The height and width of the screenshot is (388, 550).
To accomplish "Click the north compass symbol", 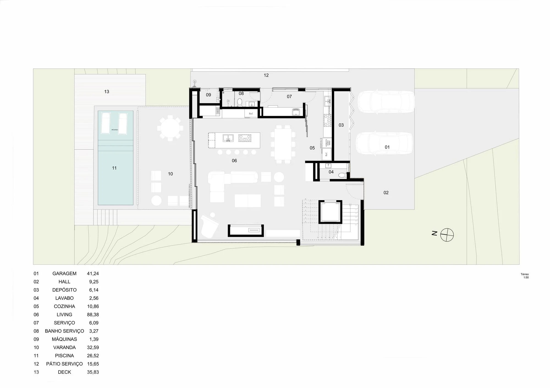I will tap(447, 235).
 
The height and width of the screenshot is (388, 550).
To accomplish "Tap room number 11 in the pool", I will tap(114, 168).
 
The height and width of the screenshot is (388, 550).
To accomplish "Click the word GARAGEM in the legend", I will tap(64, 273).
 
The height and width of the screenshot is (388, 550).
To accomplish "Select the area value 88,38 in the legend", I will tap(93, 315).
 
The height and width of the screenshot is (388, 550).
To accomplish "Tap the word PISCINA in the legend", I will tap(64, 356).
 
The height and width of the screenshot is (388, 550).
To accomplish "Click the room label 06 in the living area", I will tap(234, 161).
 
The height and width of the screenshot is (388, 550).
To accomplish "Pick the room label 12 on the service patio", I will tap(266, 75).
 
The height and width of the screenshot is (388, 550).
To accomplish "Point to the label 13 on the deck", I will tap(107, 92).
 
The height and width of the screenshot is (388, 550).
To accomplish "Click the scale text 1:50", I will tap(526, 277).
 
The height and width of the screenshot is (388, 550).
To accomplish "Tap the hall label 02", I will tap(386, 193).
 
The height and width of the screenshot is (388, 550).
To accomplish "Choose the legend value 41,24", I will tap(93, 273).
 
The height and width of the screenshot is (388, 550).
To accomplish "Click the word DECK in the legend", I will tap(64, 372).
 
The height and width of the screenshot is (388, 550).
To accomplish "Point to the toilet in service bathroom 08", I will tap(240, 102).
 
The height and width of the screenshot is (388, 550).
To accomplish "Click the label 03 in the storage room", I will tap(341, 125).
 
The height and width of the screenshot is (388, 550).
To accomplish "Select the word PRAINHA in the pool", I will tap(115, 130).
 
